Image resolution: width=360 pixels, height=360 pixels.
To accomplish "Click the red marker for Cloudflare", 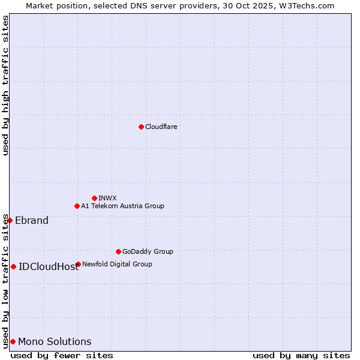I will tap(141, 127).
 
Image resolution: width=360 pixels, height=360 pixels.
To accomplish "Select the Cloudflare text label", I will tap(161, 127).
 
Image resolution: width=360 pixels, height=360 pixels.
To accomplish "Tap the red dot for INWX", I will tap(94, 198).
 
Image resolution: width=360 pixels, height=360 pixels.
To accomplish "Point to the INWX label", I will tap(108, 198).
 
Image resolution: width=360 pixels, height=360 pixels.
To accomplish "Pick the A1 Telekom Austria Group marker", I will tap(77, 206).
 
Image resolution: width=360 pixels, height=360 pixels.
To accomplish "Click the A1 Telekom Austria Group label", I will tap(122, 206).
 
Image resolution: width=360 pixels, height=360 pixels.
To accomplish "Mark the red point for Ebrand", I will tap(10, 220).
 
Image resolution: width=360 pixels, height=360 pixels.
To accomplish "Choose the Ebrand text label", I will tap(32, 220).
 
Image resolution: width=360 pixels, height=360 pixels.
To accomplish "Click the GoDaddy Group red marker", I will tap(118, 251).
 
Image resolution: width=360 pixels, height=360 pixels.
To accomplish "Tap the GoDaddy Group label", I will tap(148, 251).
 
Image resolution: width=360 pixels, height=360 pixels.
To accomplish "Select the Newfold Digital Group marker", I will tap(78, 264).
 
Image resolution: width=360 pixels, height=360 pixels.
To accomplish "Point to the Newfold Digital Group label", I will tap(117, 264).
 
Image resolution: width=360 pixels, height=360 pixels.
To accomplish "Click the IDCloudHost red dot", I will tap(13, 266).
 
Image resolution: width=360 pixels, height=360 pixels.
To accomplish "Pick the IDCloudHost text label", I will tap(49, 266).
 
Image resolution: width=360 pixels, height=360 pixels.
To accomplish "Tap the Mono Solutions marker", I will tap(13, 341).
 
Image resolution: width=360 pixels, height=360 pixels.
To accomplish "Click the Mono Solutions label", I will tap(55, 341).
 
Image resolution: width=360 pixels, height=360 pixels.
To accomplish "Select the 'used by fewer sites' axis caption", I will tap(62, 355).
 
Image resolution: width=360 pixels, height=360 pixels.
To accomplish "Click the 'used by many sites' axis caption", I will tap(301, 355).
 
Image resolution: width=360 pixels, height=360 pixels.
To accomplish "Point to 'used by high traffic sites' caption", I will tap(5, 85).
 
